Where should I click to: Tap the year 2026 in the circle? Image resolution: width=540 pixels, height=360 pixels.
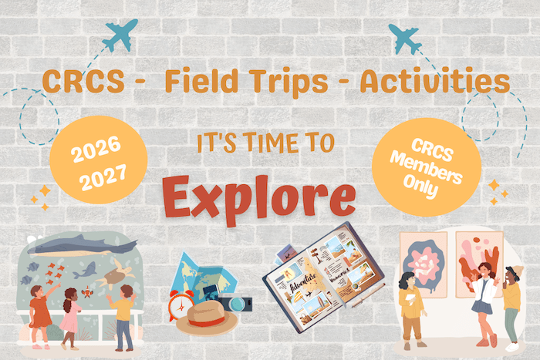[96, 150]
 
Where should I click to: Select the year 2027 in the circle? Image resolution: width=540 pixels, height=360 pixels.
[103, 177]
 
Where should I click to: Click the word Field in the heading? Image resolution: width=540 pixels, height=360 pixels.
[201, 81]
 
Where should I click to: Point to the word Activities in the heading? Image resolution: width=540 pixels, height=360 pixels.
[435, 81]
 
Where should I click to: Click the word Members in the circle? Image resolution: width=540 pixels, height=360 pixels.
[427, 168]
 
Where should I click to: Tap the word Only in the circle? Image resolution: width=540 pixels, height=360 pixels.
[421, 186]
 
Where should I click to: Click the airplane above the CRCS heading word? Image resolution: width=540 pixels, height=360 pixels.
[120, 35]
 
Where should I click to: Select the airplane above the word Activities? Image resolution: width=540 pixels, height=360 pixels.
[404, 39]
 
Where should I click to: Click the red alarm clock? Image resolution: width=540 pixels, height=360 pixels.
[181, 305]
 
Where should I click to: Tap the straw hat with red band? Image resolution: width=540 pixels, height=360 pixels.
[207, 318]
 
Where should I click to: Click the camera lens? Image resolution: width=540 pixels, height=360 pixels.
[238, 304]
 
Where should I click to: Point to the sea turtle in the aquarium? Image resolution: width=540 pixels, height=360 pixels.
[116, 274]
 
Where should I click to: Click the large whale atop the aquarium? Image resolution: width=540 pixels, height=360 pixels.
[83, 245]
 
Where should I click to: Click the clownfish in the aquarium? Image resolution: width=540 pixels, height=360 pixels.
[87, 293]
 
